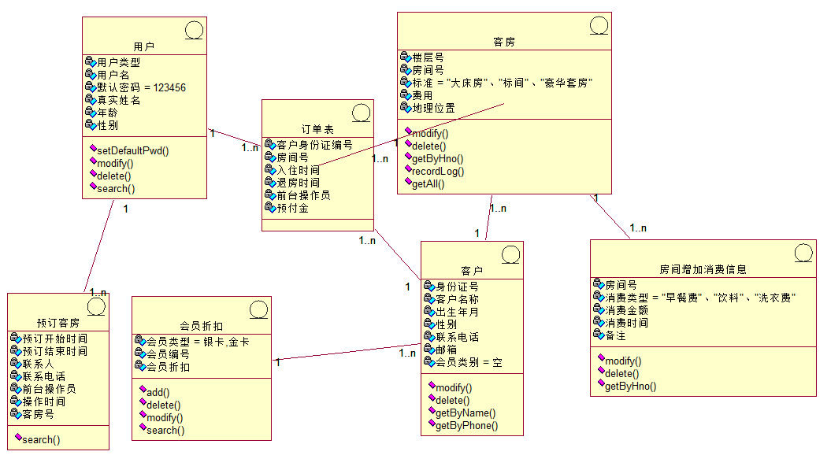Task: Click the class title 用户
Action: (143, 46)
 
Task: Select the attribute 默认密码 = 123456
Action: (141, 87)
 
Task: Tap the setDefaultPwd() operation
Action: (133, 150)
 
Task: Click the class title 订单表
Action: (317, 128)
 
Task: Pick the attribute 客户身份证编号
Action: (313, 145)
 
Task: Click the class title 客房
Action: (503, 42)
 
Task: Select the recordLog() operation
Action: (438, 171)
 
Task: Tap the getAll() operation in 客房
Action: (428, 183)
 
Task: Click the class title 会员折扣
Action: (201, 325)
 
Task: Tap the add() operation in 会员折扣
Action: (158, 392)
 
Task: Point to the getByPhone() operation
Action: (466, 425)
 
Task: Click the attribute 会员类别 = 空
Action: (469, 362)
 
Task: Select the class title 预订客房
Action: (58, 323)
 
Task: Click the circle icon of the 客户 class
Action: (509, 255)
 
